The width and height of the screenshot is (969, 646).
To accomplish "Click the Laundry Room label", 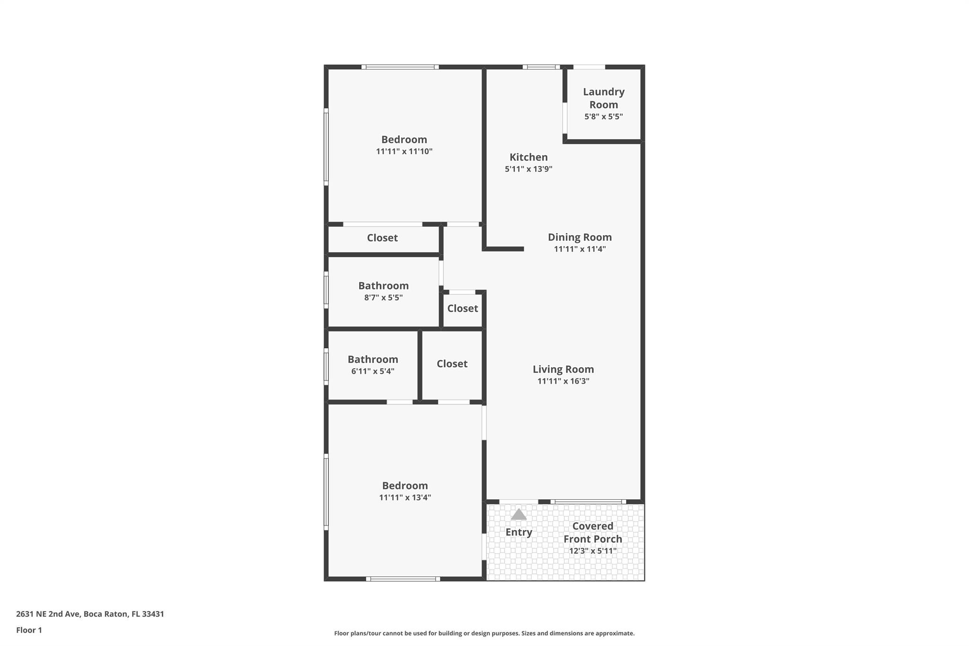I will pos(603,98).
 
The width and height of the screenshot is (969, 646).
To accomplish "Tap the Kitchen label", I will pos(529,157).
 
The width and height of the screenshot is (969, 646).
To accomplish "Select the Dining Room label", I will pos(580,237).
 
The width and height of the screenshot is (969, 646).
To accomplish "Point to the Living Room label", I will pos(563,369).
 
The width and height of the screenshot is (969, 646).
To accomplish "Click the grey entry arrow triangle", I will pos(519,514).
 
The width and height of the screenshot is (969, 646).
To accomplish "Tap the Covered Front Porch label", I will pos(592,532).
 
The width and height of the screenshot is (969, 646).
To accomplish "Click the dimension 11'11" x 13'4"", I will pos(405,497).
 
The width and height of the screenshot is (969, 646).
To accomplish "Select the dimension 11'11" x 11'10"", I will pos(404,151).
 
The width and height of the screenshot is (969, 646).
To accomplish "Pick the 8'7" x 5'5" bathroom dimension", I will pos(383,298).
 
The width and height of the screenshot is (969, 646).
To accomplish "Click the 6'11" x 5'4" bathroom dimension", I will pos(373,372).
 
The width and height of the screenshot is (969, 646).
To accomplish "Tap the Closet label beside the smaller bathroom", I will pos(452,363).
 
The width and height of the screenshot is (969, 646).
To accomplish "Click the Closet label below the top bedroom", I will pos(382,238).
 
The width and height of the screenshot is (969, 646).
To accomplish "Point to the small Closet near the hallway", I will pos(462,309).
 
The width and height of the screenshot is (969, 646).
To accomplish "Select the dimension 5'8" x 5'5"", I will pos(603,116).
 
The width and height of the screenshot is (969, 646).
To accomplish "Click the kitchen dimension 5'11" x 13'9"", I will pos(529,169).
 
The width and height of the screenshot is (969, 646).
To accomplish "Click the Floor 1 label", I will pos(29,630).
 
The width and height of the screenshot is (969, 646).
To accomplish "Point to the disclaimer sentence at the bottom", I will pos(484,633).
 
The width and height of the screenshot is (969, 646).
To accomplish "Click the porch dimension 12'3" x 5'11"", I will pos(592,551).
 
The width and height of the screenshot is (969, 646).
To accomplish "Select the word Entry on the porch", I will pos(519,532).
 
